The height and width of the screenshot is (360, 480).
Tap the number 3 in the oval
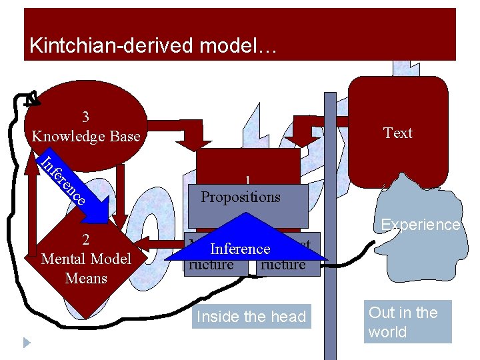click(x=85, y=117)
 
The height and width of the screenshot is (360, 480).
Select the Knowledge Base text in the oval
click(x=86, y=136)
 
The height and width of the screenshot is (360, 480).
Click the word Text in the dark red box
click(x=398, y=133)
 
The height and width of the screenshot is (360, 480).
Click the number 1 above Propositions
click(x=247, y=181)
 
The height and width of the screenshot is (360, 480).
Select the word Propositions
click(x=241, y=197)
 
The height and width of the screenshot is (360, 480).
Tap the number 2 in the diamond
click(x=86, y=241)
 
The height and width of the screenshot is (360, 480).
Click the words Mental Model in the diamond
click(x=86, y=259)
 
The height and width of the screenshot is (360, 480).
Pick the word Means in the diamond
click(x=86, y=278)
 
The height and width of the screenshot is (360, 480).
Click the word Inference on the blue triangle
click(x=240, y=249)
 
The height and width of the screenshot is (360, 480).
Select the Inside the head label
click(x=251, y=317)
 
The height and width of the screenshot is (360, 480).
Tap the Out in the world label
click(x=403, y=322)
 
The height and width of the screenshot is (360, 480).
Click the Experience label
click(x=420, y=225)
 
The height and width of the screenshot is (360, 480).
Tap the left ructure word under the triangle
click(x=211, y=265)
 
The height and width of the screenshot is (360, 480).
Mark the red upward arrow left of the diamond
click(x=31, y=207)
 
